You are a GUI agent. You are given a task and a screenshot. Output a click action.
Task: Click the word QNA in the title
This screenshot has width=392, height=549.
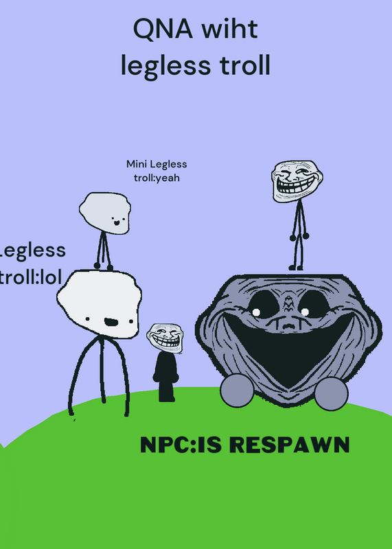point(163,30)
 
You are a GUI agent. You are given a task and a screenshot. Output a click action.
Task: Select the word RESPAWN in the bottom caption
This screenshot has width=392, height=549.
point(292,445)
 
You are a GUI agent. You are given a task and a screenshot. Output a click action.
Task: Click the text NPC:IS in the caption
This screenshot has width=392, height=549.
point(181,445)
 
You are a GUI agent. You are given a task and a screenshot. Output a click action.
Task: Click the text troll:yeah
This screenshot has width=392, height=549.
point(157,178)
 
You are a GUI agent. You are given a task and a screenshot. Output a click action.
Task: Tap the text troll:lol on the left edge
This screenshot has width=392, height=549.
point(31,277)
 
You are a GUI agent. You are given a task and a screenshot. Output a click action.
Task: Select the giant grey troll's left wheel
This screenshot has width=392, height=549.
point(237,390)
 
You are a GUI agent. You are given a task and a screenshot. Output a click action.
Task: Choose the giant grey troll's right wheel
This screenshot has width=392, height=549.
point(331,393)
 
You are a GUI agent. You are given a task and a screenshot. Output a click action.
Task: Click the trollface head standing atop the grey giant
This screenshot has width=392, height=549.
point(297,181)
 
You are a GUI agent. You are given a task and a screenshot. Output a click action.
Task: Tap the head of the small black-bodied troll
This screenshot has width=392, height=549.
point(165,338)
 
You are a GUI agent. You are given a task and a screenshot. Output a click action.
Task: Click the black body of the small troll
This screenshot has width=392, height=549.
point(165,376)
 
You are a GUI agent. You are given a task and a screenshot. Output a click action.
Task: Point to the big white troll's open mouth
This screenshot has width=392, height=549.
point(111,322)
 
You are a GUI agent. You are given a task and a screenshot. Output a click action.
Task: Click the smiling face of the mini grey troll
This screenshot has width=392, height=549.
point(117,220)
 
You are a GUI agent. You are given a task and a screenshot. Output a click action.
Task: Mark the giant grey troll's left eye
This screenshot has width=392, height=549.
point(263,304)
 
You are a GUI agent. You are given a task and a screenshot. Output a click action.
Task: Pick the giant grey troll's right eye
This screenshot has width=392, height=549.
point(313,304)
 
